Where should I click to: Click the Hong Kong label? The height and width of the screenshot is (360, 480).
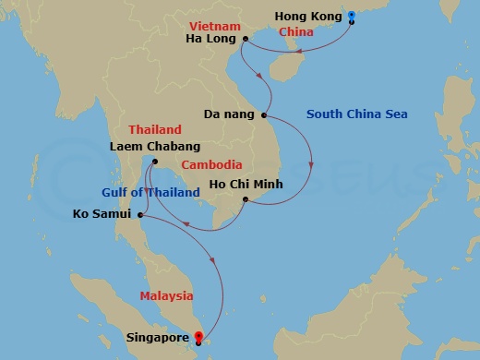tap(308, 16)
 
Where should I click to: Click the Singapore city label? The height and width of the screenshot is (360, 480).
tap(162, 338)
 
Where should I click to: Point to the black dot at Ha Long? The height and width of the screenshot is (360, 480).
tap(245, 39)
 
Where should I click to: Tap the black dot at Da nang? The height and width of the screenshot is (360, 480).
tap(265, 115)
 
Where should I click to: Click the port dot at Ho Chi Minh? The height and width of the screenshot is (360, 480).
tap(245, 198)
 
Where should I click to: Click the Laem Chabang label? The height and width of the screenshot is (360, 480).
tap(154, 146)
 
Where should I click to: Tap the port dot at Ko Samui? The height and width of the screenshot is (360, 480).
tap(139, 215)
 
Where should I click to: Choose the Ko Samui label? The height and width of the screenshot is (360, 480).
tap(102, 215)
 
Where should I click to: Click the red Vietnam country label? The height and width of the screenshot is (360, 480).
tap(214, 25)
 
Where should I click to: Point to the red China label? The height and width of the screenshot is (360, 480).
tap(296, 31)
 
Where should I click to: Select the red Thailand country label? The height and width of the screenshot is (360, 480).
tap(155, 131)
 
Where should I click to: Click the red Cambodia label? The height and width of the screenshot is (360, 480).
tap(212, 164)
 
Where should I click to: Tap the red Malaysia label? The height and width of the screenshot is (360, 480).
tap(167, 295)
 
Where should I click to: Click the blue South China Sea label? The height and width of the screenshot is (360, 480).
tap(356, 114)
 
